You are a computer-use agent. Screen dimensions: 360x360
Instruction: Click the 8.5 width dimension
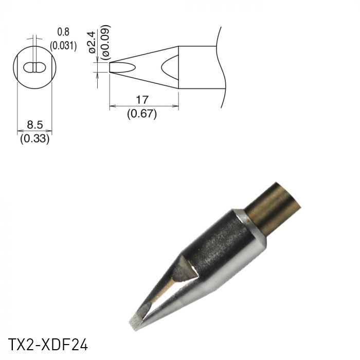[x=34, y=124]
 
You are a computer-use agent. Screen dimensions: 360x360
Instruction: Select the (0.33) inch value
[x=34, y=138]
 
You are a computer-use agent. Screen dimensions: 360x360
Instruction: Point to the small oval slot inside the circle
[x=34, y=67]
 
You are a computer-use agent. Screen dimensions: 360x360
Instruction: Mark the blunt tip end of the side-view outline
[x=111, y=67]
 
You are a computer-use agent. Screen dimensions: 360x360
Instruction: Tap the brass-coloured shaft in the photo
[x=273, y=206]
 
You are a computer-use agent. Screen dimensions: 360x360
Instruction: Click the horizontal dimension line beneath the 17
[x=144, y=107]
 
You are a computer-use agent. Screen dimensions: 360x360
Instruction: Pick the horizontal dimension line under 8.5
[x=34, y=131]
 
